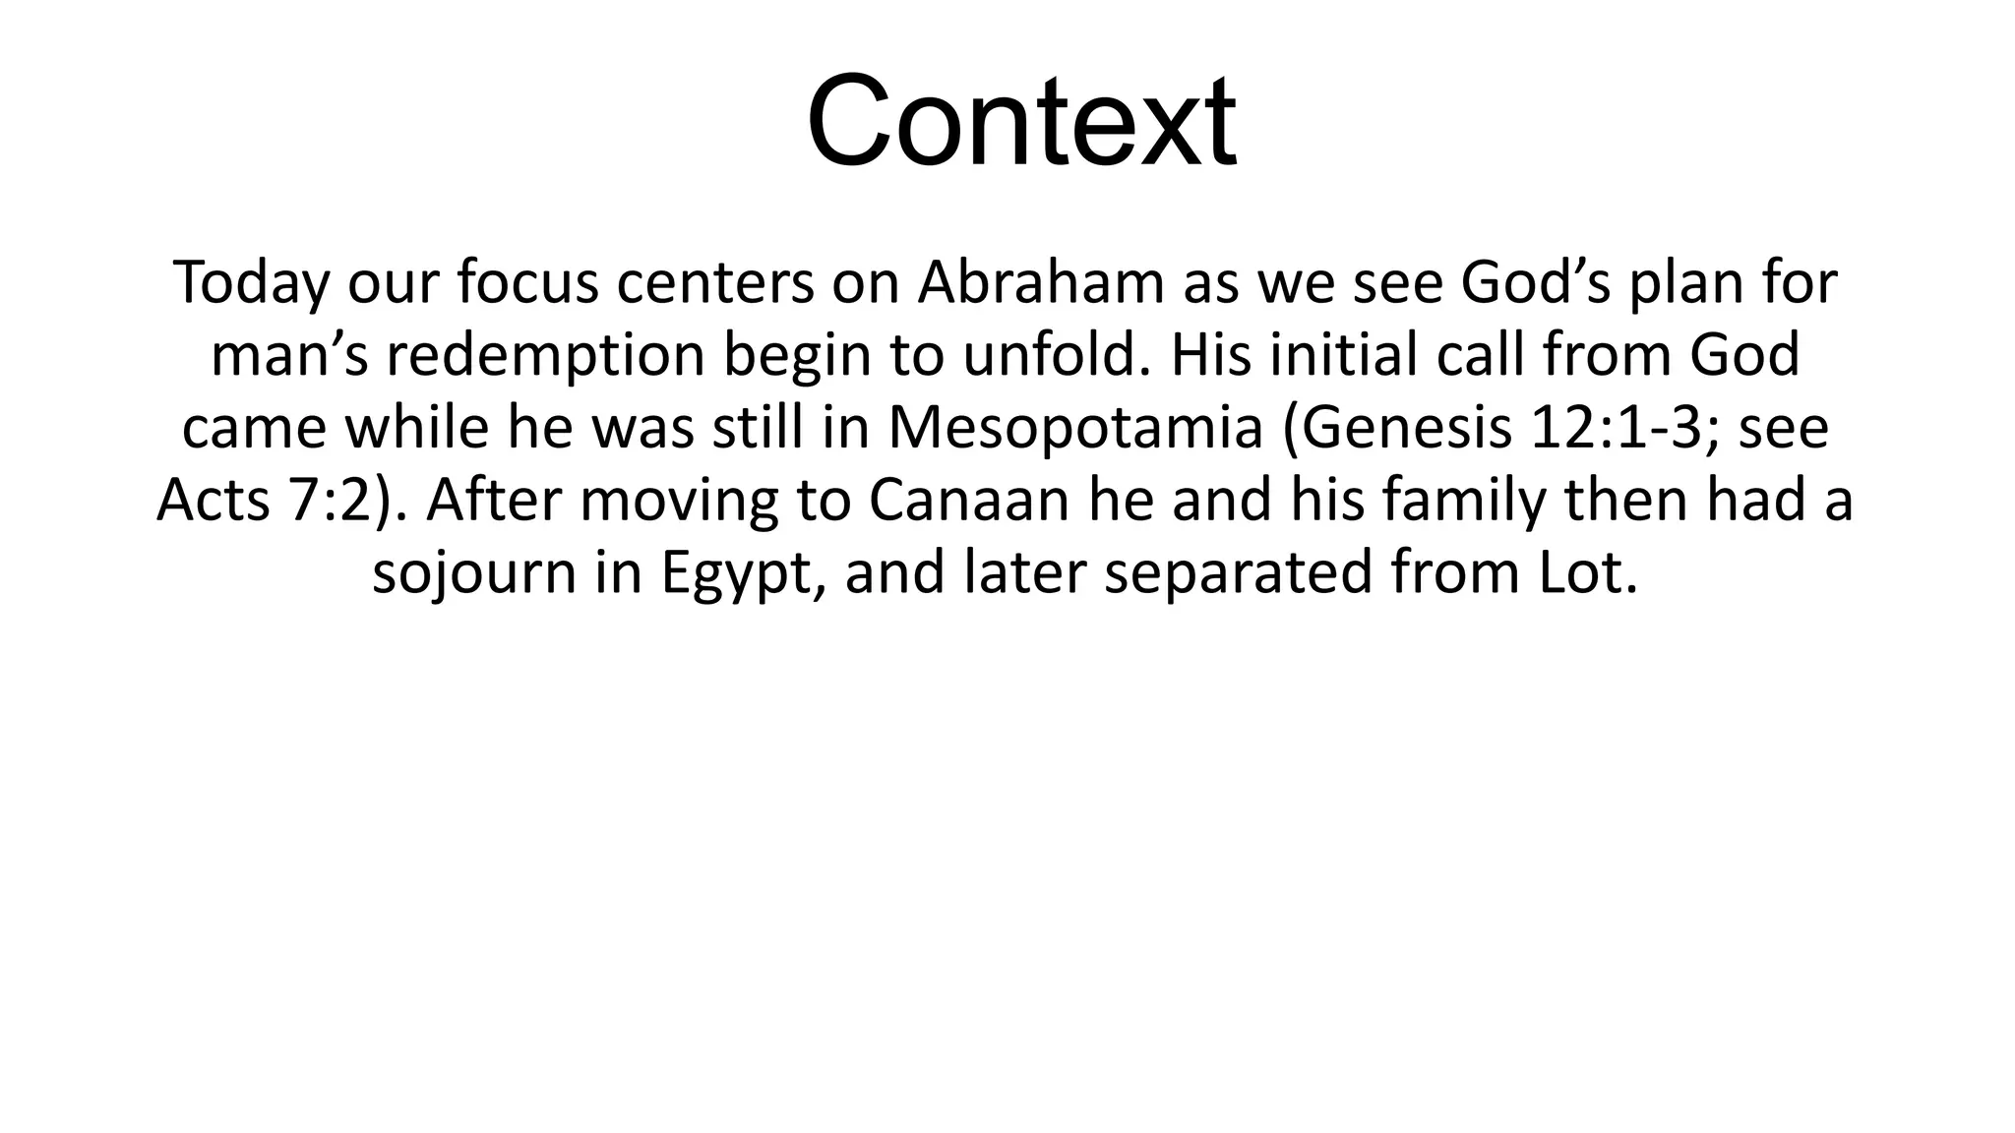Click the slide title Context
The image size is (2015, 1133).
(x=1020, y=122)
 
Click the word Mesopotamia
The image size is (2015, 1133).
(x=1075, y=429)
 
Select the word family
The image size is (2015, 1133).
(x=1465, y=502)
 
